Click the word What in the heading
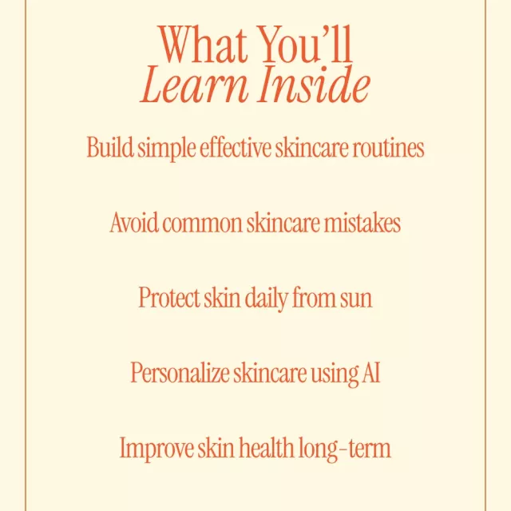click(202, 44)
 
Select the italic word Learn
click(194, 85)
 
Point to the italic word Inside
click(314, 85)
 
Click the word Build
click(110, 147)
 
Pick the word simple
click(167, 149)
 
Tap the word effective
click(236, 147)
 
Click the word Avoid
click(134, 223)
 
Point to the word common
click(202, 224)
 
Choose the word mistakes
click(362, 223)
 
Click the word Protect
click(168, 298)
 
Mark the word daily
click(267, 298)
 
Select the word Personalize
click(180, 373)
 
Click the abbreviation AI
click(371, 372)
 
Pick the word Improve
click(156, 449)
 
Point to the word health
click(267, 447)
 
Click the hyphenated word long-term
click(344, 449)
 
